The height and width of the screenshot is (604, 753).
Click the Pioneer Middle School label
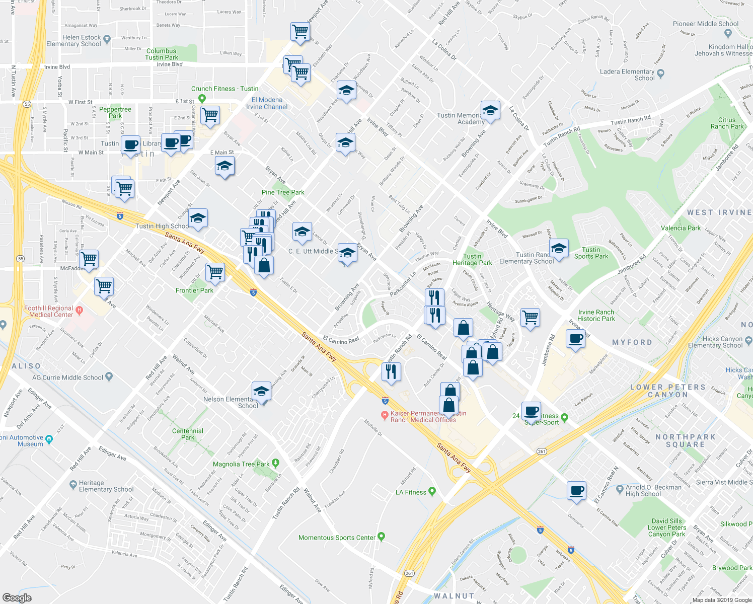tap(706, 24)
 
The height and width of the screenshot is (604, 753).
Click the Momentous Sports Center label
tap(337, 538)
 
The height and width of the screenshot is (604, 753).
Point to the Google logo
tap(17, 597)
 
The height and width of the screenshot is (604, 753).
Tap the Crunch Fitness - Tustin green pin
tap(202, 99)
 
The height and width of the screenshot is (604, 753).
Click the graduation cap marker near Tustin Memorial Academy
tap(490, 110)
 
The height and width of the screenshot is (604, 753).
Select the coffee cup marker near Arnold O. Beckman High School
tap(576, 490)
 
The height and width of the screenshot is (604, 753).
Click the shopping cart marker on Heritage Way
tap(530, 318)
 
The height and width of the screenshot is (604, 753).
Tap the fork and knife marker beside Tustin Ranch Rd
tap(391, 372)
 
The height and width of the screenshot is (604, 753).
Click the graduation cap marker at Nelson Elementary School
tap(261, 391)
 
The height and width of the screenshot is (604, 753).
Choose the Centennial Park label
tap(188, 434)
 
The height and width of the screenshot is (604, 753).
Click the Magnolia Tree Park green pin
tap(275, 463)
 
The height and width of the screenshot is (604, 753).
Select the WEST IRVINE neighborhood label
tap(719, 212)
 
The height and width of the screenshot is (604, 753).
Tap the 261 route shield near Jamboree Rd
tap(542, 451)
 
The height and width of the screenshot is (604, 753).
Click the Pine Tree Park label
tap(283, 192)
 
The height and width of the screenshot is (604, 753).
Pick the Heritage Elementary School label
tap(106, 486)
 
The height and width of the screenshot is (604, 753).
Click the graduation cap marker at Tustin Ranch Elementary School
tap(558, 248)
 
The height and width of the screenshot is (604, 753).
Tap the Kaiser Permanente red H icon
tap(385, 415)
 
